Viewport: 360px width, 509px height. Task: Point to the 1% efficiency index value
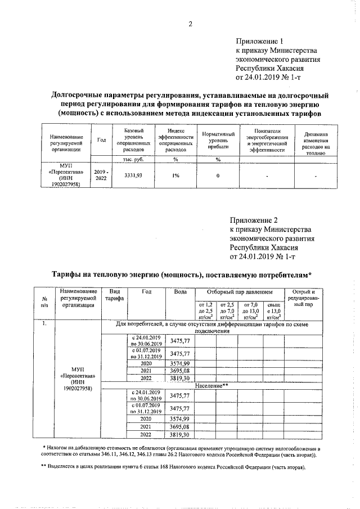coord(176,175)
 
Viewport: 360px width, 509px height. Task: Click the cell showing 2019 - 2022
coord(101,175)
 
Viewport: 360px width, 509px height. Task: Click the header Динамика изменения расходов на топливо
coord(316,143)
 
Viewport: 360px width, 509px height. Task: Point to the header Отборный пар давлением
coord(238,292)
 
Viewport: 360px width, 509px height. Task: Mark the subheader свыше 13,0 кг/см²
coord(272,310)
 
